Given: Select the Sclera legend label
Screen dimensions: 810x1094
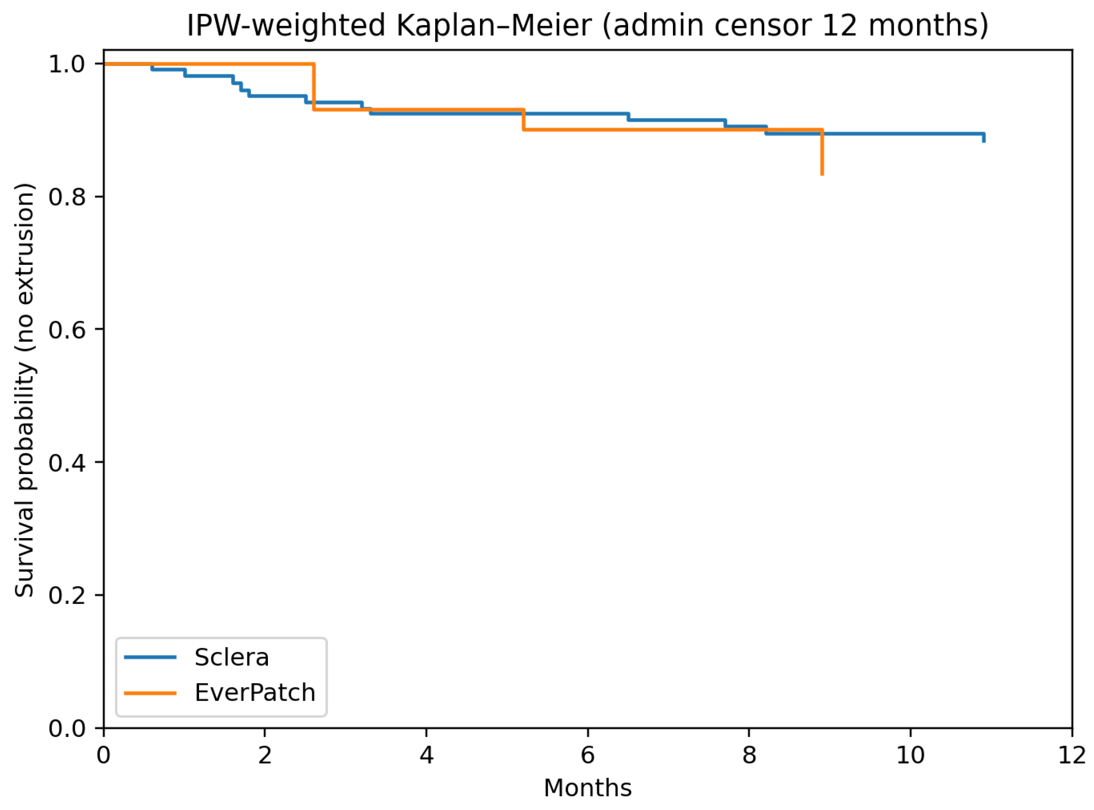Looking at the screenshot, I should click(231, 658).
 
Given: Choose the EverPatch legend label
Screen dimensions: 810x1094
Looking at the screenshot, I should click(255, 693).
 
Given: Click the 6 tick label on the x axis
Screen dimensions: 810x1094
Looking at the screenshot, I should click(587, 756).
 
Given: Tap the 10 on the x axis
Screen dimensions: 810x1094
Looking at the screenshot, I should click(910, 756).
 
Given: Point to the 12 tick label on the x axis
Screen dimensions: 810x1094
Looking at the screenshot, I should click(1072, 756).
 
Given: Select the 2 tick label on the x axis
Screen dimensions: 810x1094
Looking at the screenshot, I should click(265, 756).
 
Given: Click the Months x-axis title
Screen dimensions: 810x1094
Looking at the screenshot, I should click(587, 788).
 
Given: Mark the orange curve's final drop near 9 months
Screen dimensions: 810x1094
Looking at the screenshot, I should click(822, 152).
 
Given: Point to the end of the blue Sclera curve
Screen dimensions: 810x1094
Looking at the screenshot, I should click(984, 139).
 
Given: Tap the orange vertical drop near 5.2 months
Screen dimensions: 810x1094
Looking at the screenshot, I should click(523, 119).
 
